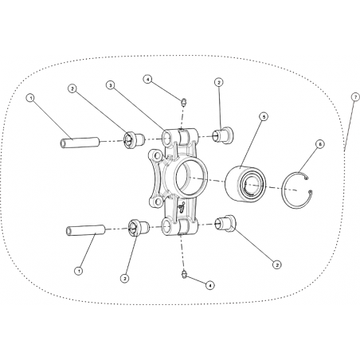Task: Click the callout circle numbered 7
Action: pos(355,97)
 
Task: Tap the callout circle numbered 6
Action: pos(320,144)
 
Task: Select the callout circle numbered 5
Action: pos(264,116)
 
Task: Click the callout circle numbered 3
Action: pos(110,85)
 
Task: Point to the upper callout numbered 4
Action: pos(148,79)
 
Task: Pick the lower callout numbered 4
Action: pos(210,285)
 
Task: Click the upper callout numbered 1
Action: pos(31,98)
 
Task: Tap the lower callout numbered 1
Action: pos(78,271)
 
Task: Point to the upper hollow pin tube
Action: pos(79,143)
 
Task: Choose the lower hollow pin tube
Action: pos(85,230)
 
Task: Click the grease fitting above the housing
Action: pos(183,102)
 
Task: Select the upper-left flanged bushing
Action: pos(135,139)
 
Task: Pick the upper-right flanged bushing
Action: pos(223,135)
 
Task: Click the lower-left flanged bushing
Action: pos(139,228)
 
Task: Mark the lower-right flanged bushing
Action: pos(225,224)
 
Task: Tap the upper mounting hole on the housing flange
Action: pos(157,155)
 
